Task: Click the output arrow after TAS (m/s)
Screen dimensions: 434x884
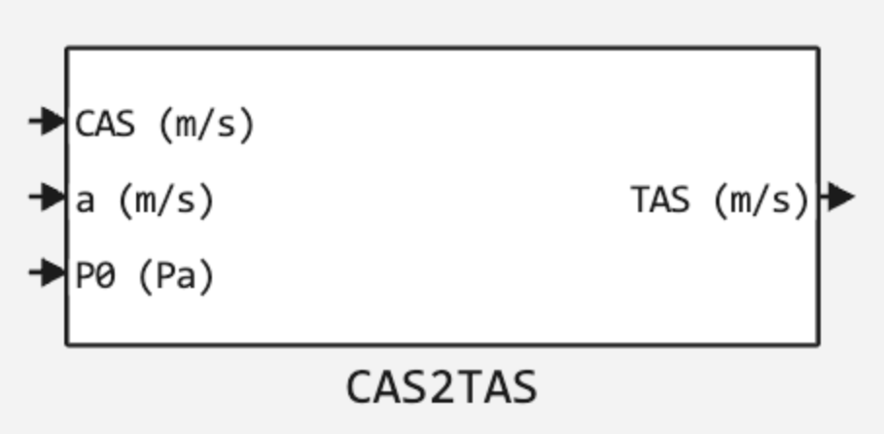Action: click(x=837, y=198)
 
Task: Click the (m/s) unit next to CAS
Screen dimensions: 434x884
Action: click(x=205, y=124)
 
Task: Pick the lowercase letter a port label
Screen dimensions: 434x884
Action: click(x=86, y=200)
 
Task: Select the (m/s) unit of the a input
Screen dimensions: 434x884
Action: click(x=165, y=200)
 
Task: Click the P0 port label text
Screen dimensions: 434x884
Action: click(x=95, y=276)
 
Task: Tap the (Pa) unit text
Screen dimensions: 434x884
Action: click(x=175, y=276)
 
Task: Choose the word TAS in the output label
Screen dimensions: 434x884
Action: click(x=660, y=200)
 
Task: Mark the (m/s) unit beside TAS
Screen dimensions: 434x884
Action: click(x=760, y=200)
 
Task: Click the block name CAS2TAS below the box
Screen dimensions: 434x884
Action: click(x=442, y=387)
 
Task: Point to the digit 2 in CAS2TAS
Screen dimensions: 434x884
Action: click(x=442, y=387)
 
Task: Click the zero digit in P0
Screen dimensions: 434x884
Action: click(x=105, y=276)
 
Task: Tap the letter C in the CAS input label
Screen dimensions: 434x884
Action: click(x=86, y=124)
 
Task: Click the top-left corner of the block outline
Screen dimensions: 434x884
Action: click(x=67, y=48)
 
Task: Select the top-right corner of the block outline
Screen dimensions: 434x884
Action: click(x=818, y=48)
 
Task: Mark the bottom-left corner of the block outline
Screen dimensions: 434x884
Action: click(x=67, y=344)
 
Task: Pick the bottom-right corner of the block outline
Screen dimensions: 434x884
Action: click(x=818, y=344)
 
